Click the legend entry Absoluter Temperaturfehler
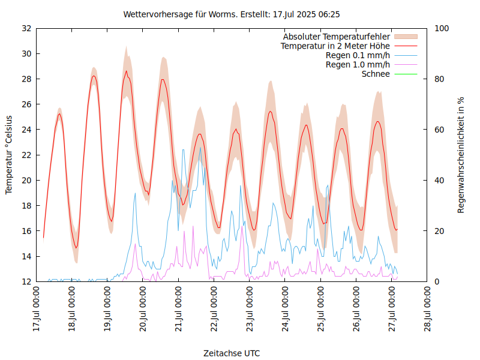coord(337,37)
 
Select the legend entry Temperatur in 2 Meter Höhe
coord(335,46)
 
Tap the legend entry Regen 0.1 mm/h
coord(358,55)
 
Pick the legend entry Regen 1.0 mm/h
coord(358,64)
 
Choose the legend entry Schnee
coord(376,74)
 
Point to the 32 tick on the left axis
coord(26,28)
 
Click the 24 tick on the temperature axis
coord(26,130)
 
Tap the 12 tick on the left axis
coord(26,281)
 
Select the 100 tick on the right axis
coord(443,28)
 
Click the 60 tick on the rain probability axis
coord(440,130)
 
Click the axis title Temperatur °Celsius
coord(9,155)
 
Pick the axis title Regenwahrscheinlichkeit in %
coord(461,155)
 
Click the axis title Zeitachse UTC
coord(232,353)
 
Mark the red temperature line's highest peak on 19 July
coord(126,71)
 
